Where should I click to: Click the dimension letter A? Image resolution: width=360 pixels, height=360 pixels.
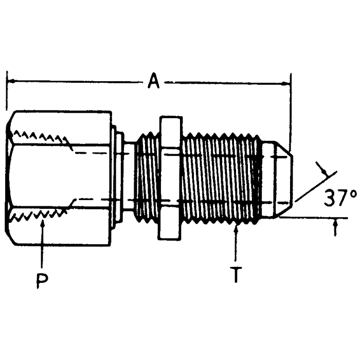153,81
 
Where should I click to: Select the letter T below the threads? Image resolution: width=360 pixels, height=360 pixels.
236,276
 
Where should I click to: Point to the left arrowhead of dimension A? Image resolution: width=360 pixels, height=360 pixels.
10,81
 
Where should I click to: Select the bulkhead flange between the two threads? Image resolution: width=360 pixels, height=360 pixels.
170,177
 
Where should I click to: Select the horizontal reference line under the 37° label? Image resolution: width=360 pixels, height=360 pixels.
314,218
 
